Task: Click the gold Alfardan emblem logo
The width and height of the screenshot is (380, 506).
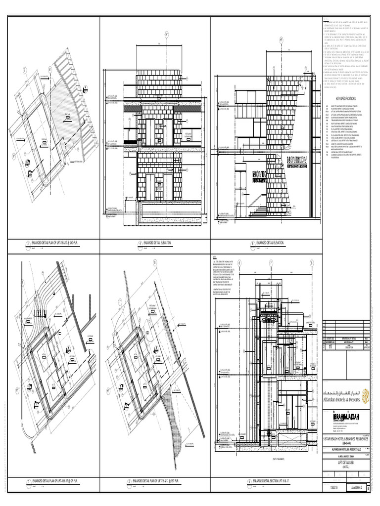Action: point(365,396)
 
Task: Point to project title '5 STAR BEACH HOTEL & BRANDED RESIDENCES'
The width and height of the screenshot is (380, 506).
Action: point(346,438)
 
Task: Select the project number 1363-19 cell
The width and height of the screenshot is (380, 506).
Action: point(334,488)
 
